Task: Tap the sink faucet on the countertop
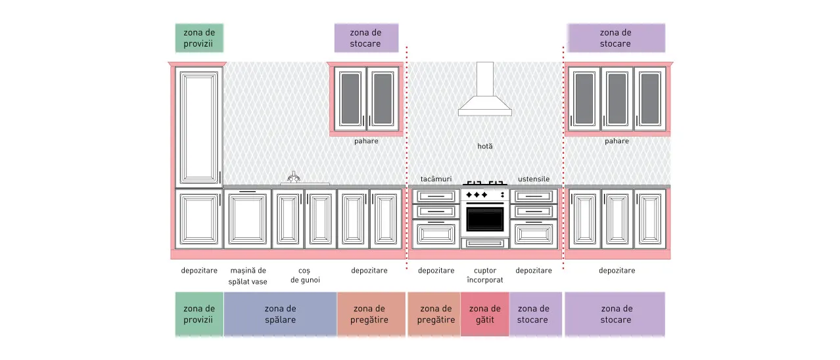[294, 177]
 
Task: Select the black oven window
[485, 219]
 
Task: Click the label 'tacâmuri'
[436, 179]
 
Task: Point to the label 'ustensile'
[534, 179]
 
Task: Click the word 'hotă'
[485, 146]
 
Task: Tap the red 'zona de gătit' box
[485, 314]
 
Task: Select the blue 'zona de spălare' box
[281, 314]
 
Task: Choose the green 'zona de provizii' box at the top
[199, 38]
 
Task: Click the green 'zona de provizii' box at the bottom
[199, 314]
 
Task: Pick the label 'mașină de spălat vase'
[248, 276]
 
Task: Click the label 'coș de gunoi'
[305, 275]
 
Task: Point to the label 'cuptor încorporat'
[485, 275]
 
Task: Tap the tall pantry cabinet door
[198, 127]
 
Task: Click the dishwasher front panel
[248, 219]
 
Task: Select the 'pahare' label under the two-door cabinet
[366, 141]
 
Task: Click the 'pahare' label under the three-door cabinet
[617, 141]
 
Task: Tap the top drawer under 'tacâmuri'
[436, 196]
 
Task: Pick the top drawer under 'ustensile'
[534, 196]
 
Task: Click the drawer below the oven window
[485, 243]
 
